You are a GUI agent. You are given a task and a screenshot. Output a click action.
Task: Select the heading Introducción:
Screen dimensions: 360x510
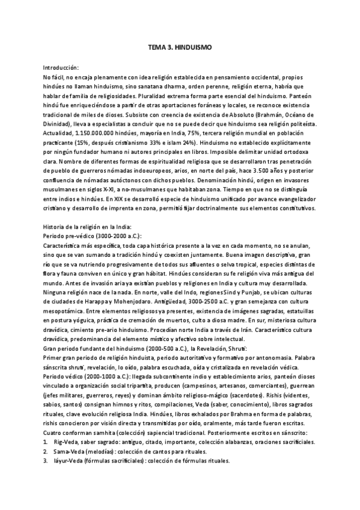pos(61,68)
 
